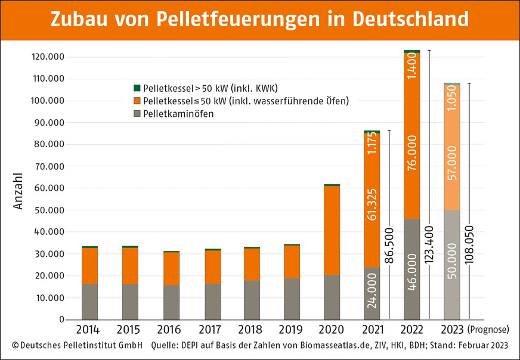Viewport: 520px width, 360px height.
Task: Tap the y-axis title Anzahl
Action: click(18, 191)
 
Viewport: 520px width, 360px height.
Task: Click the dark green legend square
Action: click(137, 88)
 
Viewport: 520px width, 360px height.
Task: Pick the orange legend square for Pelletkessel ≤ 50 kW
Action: click(137, 100)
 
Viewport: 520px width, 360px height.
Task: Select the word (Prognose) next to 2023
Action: click(488, 329)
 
